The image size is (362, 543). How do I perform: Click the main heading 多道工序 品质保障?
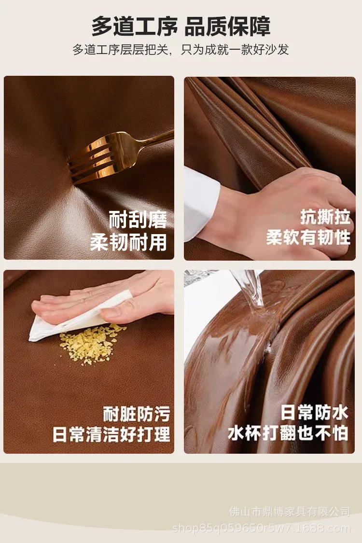point(181,26)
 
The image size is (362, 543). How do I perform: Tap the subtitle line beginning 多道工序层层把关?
point(181,50)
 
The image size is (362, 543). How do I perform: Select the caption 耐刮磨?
point(138,219)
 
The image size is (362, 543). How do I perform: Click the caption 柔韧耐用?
point(128,242)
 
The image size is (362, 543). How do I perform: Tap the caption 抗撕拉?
point(325,217)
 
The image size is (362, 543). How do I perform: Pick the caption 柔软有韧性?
point(308,237)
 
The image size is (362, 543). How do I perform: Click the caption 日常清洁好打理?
point(111,434)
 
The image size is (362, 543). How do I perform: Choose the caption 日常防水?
point(314,413)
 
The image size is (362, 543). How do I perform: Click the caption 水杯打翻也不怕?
point(288,433)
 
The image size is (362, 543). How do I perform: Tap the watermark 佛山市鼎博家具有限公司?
point(290,512)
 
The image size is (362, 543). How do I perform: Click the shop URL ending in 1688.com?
point(261,529)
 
